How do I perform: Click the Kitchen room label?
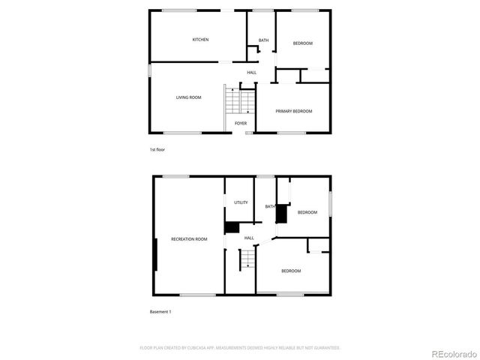[200, 40]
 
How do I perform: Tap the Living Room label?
[188, 97]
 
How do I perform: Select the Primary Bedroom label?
[293, 111]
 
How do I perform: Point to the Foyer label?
[241, 123]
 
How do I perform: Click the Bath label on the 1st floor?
[263, 40]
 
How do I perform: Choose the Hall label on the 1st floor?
[251, 73]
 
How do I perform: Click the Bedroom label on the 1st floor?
[302, 43]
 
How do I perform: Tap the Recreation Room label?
[189, 238]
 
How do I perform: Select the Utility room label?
[241, 202]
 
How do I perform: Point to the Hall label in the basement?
[249, 238]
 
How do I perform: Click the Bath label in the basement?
[268, 206]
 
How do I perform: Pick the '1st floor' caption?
[157, 150]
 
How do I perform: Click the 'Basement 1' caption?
[160, 311]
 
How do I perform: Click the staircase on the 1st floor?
[240, 100]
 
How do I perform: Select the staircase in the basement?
[248, 259]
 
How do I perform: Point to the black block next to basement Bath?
[282, 214]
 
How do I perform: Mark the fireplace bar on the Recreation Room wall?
[155, 255]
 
